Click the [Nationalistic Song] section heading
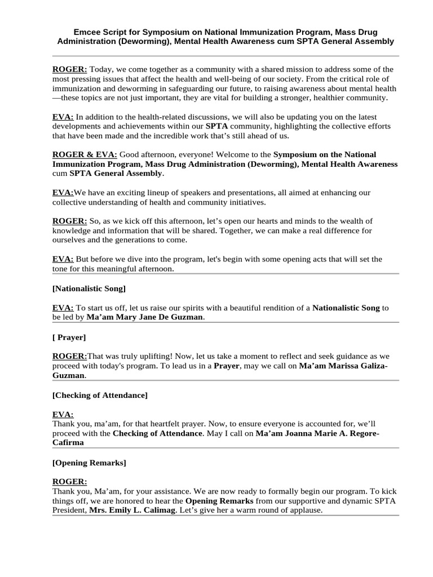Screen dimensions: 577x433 [89, 288]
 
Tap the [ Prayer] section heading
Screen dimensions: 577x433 [69, 338]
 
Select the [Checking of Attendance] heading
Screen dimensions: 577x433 [100, 395]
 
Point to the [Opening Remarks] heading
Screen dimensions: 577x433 [89, 463]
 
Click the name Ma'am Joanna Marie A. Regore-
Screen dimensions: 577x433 [317, 433]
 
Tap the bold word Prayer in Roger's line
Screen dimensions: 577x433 [227, 366]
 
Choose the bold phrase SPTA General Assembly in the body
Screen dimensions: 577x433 [116, 173]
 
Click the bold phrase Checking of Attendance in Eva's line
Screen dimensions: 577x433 [157, 433]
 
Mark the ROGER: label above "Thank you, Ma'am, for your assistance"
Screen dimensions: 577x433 [69, 482]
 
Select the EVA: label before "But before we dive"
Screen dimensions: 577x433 [63, 259]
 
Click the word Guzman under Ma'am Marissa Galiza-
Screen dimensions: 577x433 [68, 375]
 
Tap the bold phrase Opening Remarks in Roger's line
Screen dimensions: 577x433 [219, 501]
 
